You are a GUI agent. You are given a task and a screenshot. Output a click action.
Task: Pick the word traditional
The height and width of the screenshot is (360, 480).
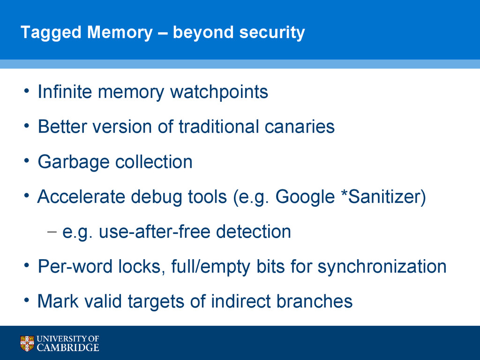(219, 127)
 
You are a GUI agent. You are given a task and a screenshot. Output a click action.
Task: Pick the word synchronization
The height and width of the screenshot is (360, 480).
(382, 267)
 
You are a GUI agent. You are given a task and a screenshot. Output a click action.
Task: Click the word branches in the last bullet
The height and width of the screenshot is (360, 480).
(314, 301)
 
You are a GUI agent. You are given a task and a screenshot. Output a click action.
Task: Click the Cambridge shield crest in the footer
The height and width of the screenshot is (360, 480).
(27, 343)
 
